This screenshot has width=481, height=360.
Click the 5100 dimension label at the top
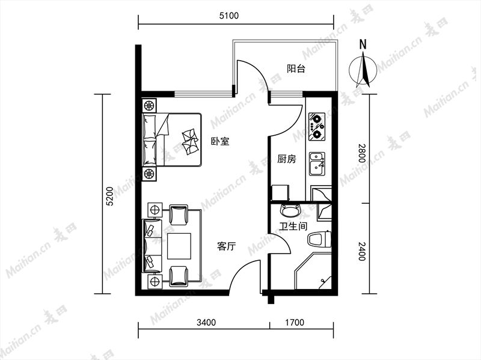click(x=229, y=16)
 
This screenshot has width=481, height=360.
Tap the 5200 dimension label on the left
click(x=109, y=197)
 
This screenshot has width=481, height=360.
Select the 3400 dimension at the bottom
click(x=206, y=322)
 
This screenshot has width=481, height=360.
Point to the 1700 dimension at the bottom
click(x=295, y=322)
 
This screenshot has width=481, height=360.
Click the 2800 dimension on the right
click(x=362, y=153)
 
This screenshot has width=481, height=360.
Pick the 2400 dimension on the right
click(x=362, y=251)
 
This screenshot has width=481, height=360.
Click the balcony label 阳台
click(x=296, y=69)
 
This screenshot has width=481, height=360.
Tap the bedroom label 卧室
click(x=220, y=141)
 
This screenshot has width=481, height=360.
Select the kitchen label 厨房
click(x=287, y=159)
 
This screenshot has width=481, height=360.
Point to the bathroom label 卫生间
click(x=293, y=227)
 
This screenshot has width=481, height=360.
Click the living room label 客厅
click(x=227, y=246)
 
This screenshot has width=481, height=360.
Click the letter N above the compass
click(x=363, y=44)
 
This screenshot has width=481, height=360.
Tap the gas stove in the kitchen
click(x=317, y=127)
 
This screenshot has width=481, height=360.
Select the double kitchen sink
click(x=317, y=164)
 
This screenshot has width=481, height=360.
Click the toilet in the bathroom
click(x=320, y=239)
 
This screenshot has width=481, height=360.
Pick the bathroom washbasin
click(x=290, y=210)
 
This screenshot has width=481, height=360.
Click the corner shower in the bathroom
click(x=313, y=271)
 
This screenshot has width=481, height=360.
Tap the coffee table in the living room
click(x=179, y=246)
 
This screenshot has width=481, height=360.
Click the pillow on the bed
click(x=190, y=141)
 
